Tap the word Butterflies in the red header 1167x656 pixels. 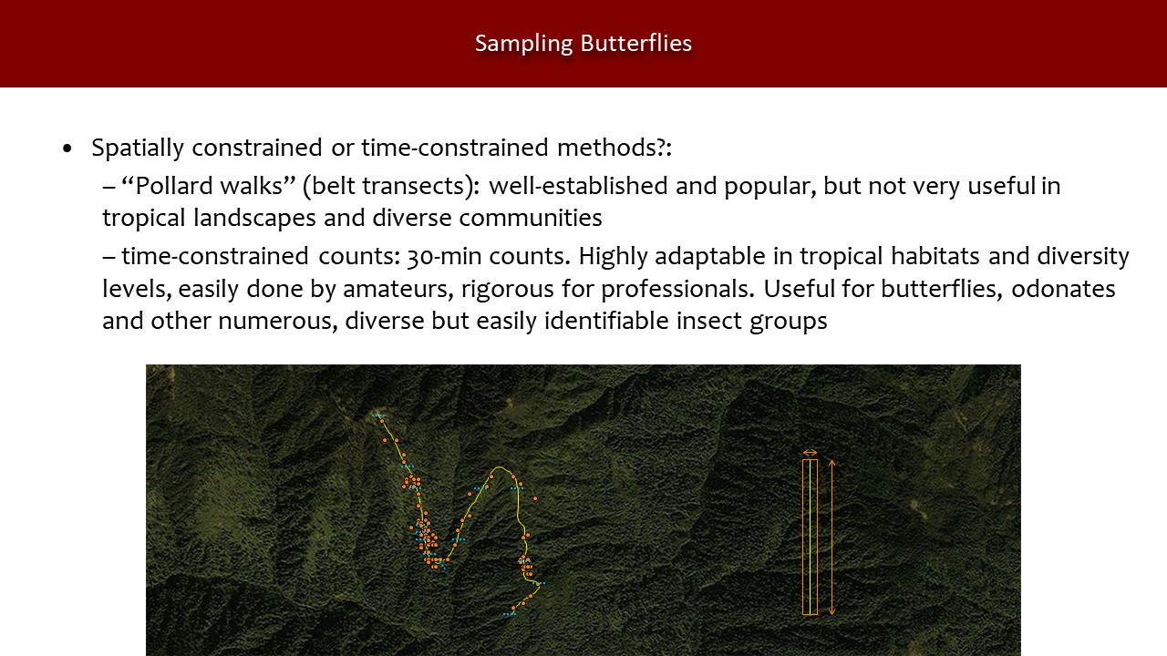tap(636, 43)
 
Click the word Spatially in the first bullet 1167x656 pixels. tap(138, 148)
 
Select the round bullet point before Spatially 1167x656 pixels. tap(67, 149)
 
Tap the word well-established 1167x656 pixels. tap(578, 186)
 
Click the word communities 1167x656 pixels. tap(531, 218)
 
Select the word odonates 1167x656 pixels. tap(1063, 289)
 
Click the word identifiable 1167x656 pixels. tap(606, 320)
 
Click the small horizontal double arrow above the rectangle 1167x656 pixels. tap(811, 453)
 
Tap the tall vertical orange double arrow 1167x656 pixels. tap(832, 538)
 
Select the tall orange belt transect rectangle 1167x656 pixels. tap(803, 538)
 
